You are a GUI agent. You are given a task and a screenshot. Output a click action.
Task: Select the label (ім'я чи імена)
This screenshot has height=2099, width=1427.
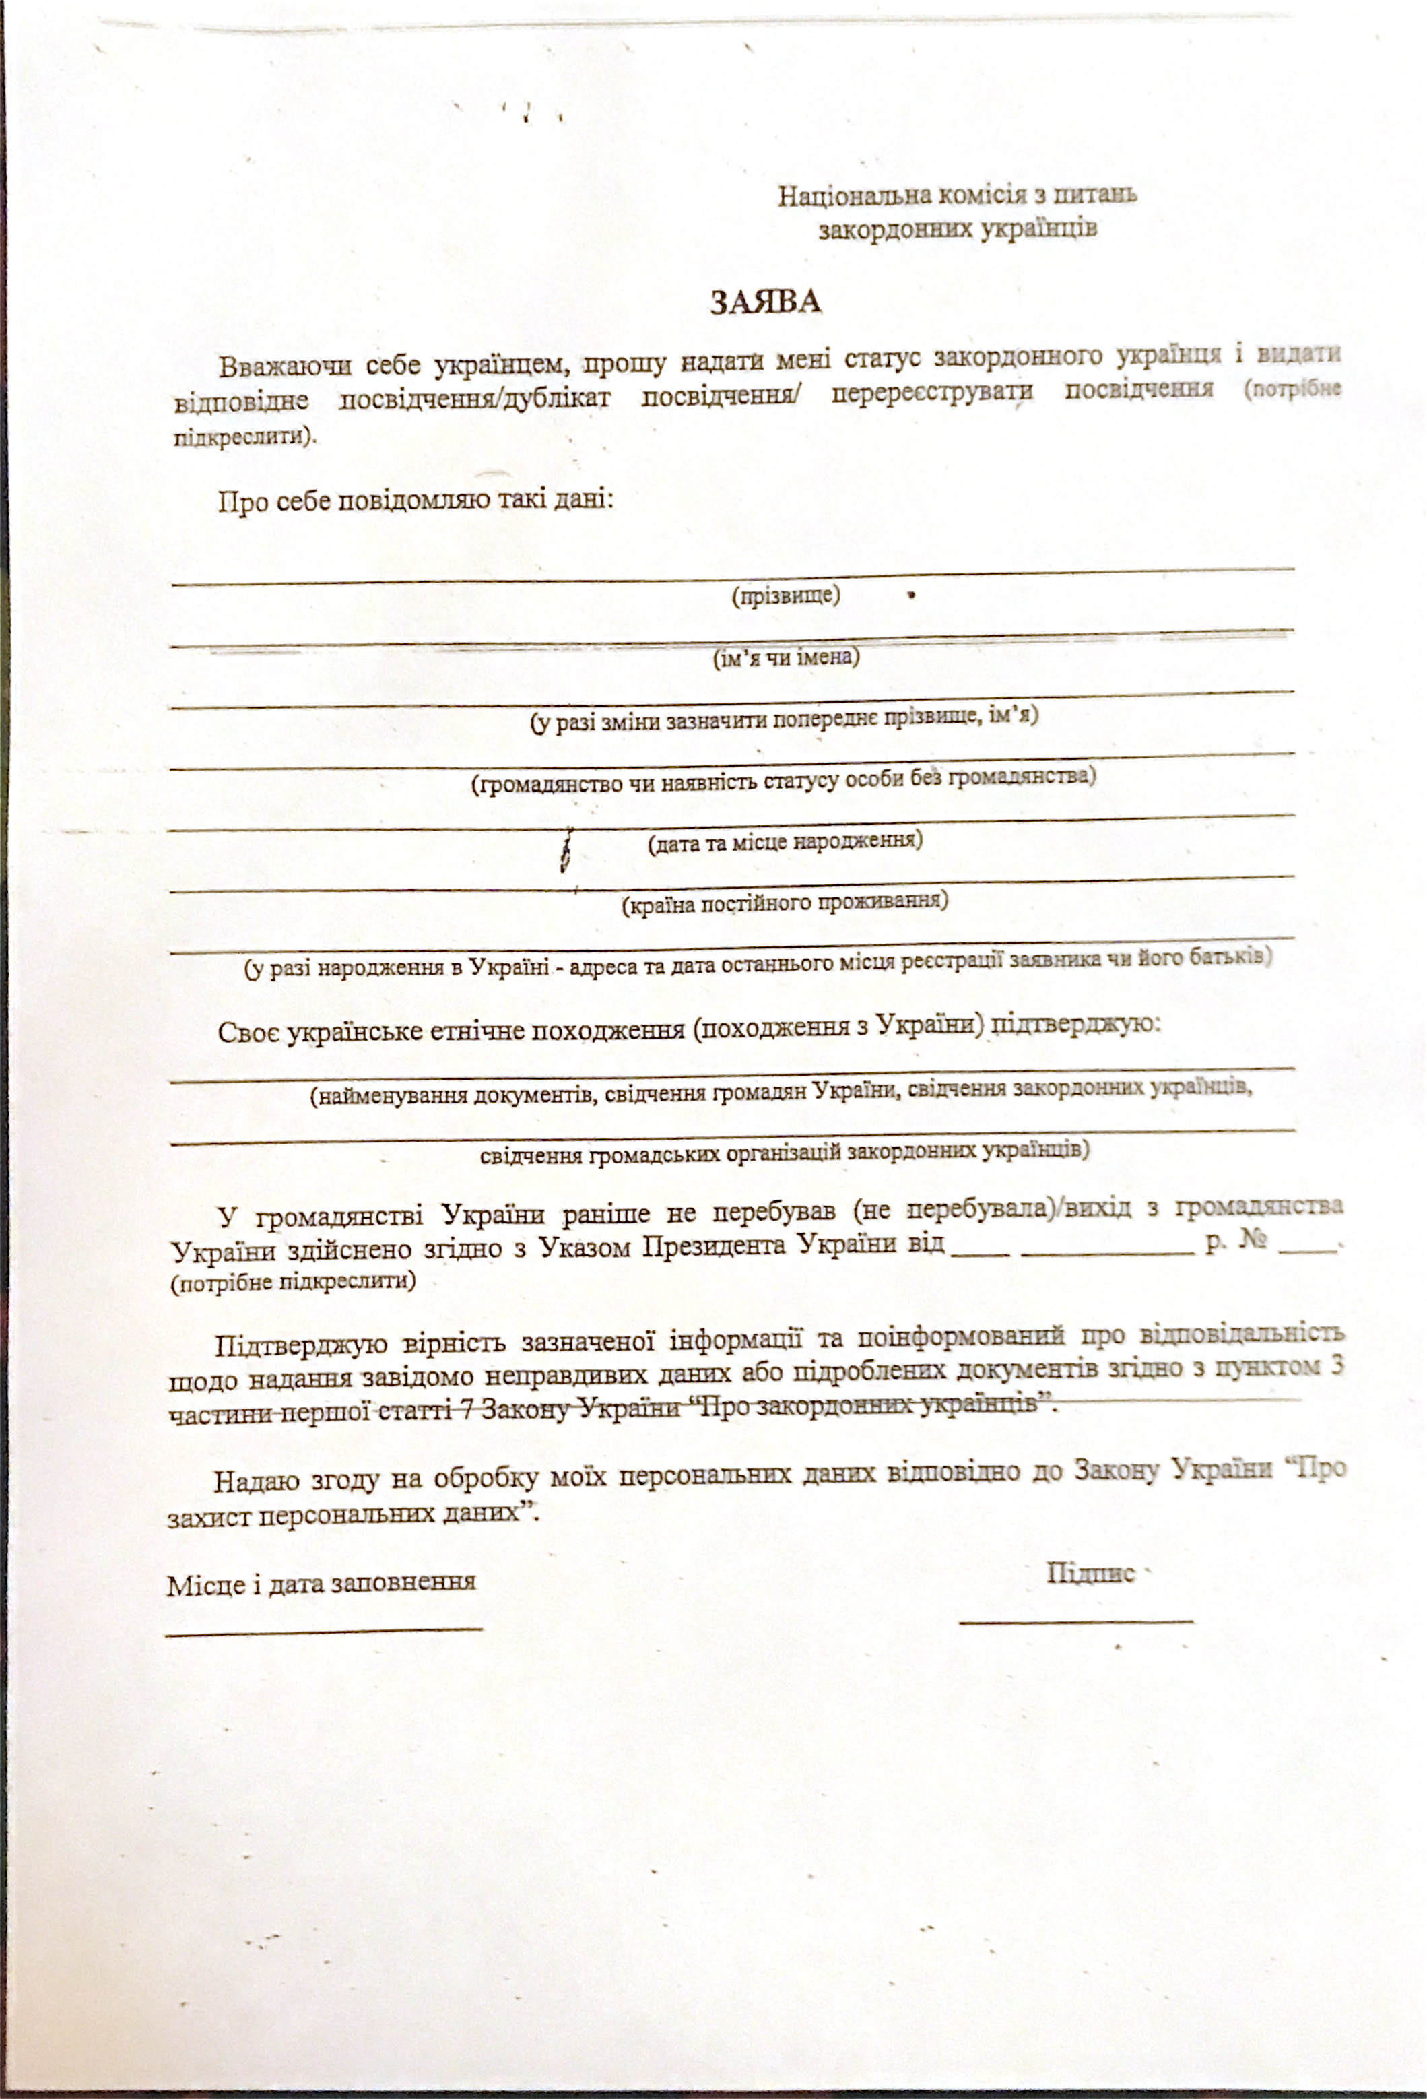click(x=787, y=657)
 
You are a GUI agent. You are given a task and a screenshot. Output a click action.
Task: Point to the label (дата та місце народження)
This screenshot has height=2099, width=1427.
click(x=785, y=842)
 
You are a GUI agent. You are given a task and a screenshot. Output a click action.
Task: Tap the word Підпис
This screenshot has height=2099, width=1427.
click(x=1090, y=1572)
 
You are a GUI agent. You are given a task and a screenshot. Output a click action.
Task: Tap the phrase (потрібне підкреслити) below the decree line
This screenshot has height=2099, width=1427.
click(x=294, y=1283)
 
